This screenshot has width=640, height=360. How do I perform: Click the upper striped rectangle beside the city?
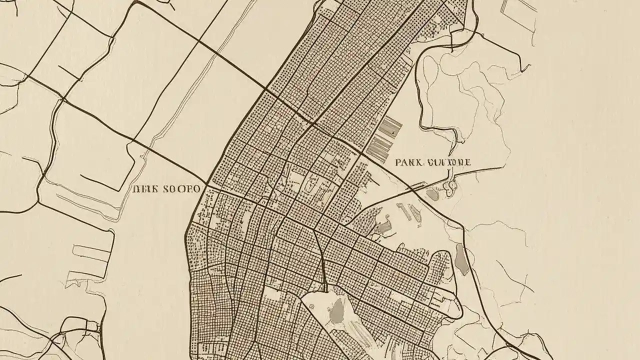[x=390, y=126]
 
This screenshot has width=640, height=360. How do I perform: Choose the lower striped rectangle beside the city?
[x=379, y=148]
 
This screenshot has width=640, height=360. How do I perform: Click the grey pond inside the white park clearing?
[x=338, y=310]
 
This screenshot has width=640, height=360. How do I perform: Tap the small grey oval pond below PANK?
[x=433, y=195]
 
